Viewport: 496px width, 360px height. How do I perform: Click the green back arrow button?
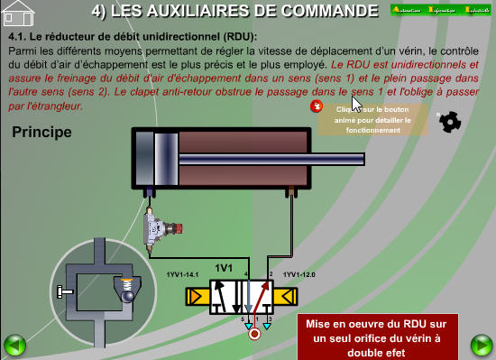point(14,345)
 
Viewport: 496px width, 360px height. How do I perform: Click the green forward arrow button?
point(482,345)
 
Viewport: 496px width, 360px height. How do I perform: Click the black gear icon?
point(448,122)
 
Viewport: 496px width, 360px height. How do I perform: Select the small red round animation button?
point(316,106)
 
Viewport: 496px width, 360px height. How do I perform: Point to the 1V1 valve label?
point(224,268)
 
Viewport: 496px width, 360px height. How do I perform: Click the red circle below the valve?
point(255,334)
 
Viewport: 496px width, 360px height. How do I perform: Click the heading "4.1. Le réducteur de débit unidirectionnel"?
point(132,36)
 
